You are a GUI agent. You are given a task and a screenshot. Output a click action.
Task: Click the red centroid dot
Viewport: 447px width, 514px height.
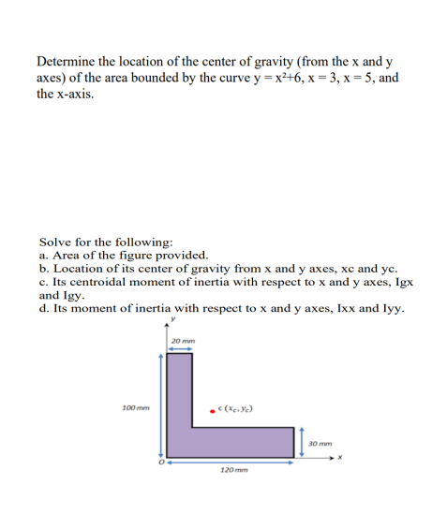point(213,408)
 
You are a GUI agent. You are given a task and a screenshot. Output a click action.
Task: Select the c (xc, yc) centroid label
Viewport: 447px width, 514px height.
point(235,408)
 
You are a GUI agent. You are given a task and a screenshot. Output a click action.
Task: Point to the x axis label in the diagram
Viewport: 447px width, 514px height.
point(341,458)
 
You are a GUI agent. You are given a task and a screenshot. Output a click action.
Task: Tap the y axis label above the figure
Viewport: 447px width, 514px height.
point(171,327)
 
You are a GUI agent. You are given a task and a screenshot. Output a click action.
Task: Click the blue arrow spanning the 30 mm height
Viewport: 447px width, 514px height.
point(302,441)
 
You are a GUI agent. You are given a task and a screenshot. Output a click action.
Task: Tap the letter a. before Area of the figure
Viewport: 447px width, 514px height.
point(44,255)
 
